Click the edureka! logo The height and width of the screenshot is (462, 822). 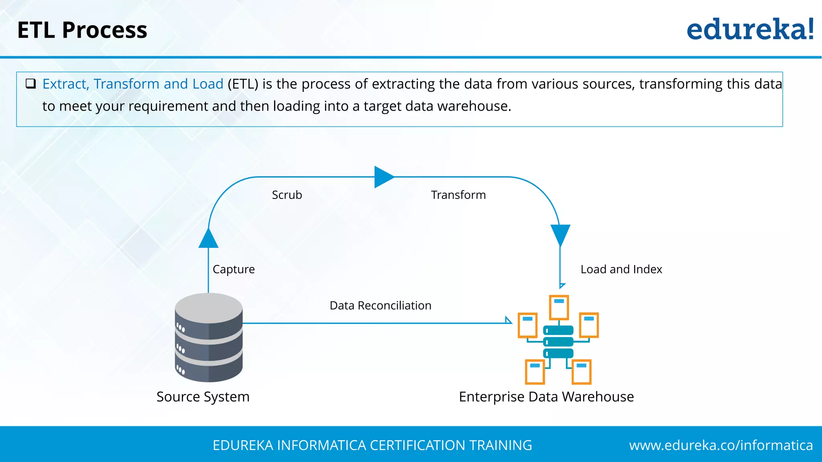click(750, 30)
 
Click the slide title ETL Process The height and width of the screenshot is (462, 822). click(82, 30)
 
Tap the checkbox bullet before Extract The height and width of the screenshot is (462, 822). click(31, 83)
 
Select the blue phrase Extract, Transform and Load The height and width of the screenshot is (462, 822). click(133, 84)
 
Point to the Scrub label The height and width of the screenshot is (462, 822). click(287, 195)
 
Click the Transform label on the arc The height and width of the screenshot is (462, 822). click(458, 195)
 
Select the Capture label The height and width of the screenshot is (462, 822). click(234, 269)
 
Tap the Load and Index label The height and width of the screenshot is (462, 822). click(621, 269)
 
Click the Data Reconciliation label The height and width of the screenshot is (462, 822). click(380, 306)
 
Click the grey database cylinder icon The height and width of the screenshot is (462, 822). click(209, 338)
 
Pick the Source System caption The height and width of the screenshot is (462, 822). click(203, 397)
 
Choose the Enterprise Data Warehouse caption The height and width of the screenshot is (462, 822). click(546, 397)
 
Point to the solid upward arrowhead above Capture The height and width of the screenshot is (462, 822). click(208, 239)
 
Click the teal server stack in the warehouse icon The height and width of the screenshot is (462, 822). click(558, 342)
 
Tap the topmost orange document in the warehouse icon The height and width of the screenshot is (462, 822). click(559, 307)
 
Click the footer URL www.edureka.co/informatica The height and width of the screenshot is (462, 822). click(720, 445)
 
